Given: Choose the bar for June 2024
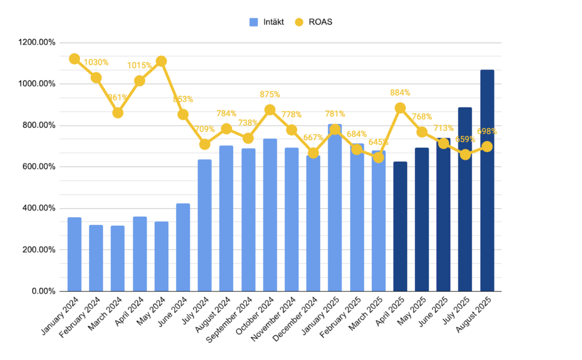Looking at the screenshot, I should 183,247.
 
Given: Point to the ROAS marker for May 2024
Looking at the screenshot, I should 161,61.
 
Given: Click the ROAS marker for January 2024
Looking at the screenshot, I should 74,59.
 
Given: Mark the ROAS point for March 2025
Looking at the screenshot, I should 378,157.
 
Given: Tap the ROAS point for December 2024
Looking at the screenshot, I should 313,152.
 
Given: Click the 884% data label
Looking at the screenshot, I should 400,92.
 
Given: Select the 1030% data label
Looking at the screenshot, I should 96,62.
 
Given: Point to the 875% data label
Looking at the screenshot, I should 270,94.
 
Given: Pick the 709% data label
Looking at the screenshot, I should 205,129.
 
